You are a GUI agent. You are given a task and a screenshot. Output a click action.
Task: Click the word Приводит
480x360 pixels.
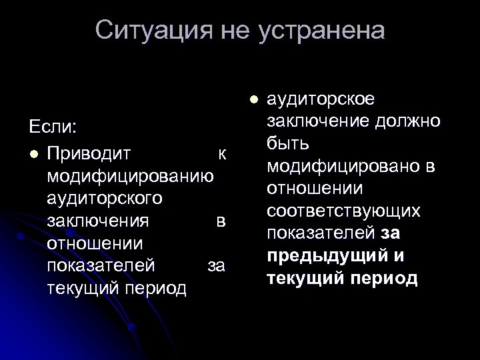[x=89, y=154]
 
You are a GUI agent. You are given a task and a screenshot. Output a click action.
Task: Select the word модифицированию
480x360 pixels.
[x=131, y=177]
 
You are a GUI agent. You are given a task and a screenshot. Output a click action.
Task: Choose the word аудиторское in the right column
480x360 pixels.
[x=321, y=99]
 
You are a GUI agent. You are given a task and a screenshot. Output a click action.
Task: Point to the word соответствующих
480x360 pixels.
[x=343, y=211]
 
